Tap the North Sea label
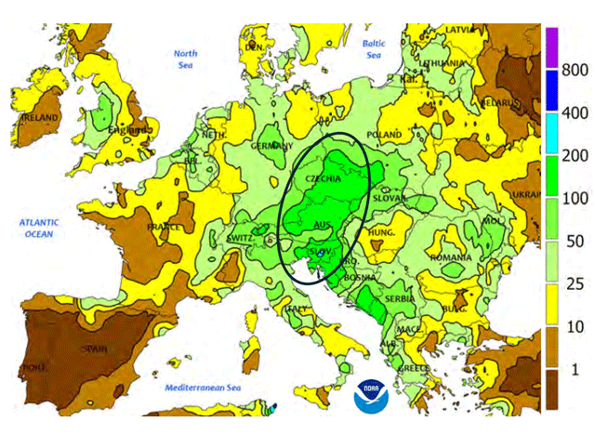pos(186,59)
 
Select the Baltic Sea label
pos(374,49)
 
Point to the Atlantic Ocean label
pos(42,228)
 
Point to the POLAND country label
pos(384,136)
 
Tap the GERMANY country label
pos(271,147)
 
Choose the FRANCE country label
pos(161,226)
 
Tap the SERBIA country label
pos(400,300)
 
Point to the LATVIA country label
pos(461,29)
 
